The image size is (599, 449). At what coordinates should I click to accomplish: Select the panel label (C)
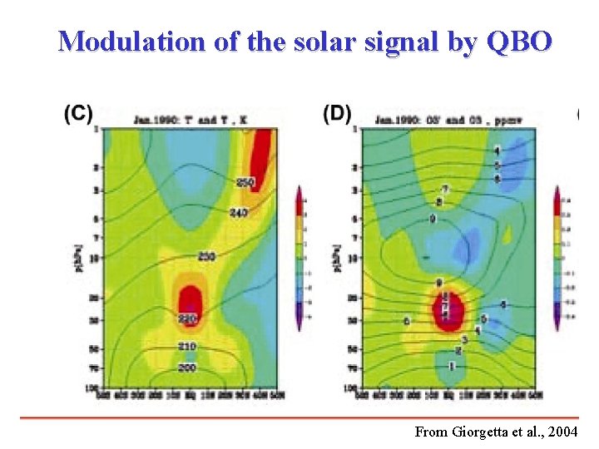[78, 114]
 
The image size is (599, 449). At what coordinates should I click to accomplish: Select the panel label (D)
[337, 114]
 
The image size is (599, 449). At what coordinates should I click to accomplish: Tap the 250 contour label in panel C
[245, 182]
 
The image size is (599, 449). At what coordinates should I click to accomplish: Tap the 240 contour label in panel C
[238, 213]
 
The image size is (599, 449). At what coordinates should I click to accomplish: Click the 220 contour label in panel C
[187, 318]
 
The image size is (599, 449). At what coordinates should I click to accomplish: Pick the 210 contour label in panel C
[187, 346]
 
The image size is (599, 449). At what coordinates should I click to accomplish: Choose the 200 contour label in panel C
[187, 367]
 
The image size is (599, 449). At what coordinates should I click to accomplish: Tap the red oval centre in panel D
[448, 308]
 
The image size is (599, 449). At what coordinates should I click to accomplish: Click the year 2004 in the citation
[567, 432]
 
